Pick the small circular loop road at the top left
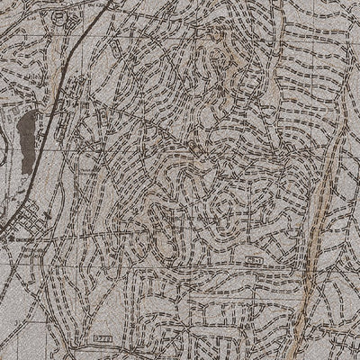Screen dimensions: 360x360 [x=59, y=17]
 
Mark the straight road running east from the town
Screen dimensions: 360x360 [x=108, y=236]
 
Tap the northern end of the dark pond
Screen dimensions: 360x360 [x=32, y=112]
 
